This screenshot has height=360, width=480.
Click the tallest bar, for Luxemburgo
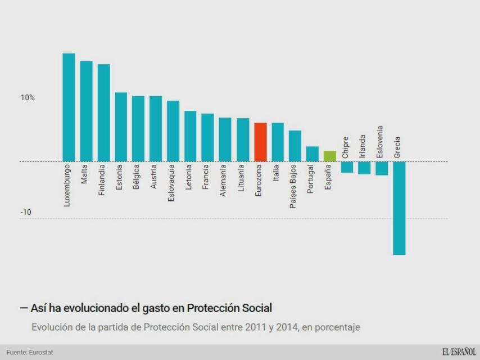[69, 107]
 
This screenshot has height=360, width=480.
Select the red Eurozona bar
[260, 142]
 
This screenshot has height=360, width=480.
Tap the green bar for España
[330, 156]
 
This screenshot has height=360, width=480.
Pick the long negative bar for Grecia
[399, 208]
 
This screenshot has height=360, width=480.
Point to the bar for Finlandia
[103, 113]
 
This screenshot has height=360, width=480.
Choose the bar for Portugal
[313, 154]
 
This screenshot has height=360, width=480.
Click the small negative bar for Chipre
[347, 167]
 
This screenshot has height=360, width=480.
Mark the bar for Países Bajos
[295, 146]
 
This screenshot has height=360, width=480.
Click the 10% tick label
[28, 98]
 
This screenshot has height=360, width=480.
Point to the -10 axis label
[26, 213]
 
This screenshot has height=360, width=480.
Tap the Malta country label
[85, 174]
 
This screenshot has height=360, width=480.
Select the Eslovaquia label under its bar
[172, 183]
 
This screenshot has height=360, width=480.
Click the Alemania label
[224, 180]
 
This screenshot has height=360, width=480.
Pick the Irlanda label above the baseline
[363, 146]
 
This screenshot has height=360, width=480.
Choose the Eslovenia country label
[381, 141]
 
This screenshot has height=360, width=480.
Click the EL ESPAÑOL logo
[459, 352]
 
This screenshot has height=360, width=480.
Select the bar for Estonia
[121, 127]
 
